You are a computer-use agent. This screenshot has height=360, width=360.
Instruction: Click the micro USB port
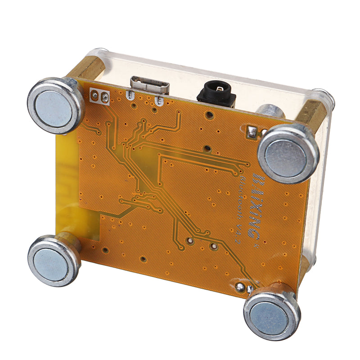point(149,85)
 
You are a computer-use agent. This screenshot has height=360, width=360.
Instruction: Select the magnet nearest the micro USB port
point(55,105)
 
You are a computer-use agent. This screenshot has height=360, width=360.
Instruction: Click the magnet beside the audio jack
point(288,153)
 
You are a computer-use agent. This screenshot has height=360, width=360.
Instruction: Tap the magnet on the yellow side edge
point(54,261)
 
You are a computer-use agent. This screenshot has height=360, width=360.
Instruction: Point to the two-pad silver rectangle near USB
point(100,96)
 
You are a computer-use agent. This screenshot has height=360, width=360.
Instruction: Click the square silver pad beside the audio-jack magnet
point(252,132)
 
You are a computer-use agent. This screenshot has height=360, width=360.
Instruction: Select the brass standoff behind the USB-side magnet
point(88,67)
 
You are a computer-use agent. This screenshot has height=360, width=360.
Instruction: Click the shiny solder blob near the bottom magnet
point(240,285)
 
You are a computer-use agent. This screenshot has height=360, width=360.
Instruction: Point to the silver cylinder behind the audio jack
point(270,112)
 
